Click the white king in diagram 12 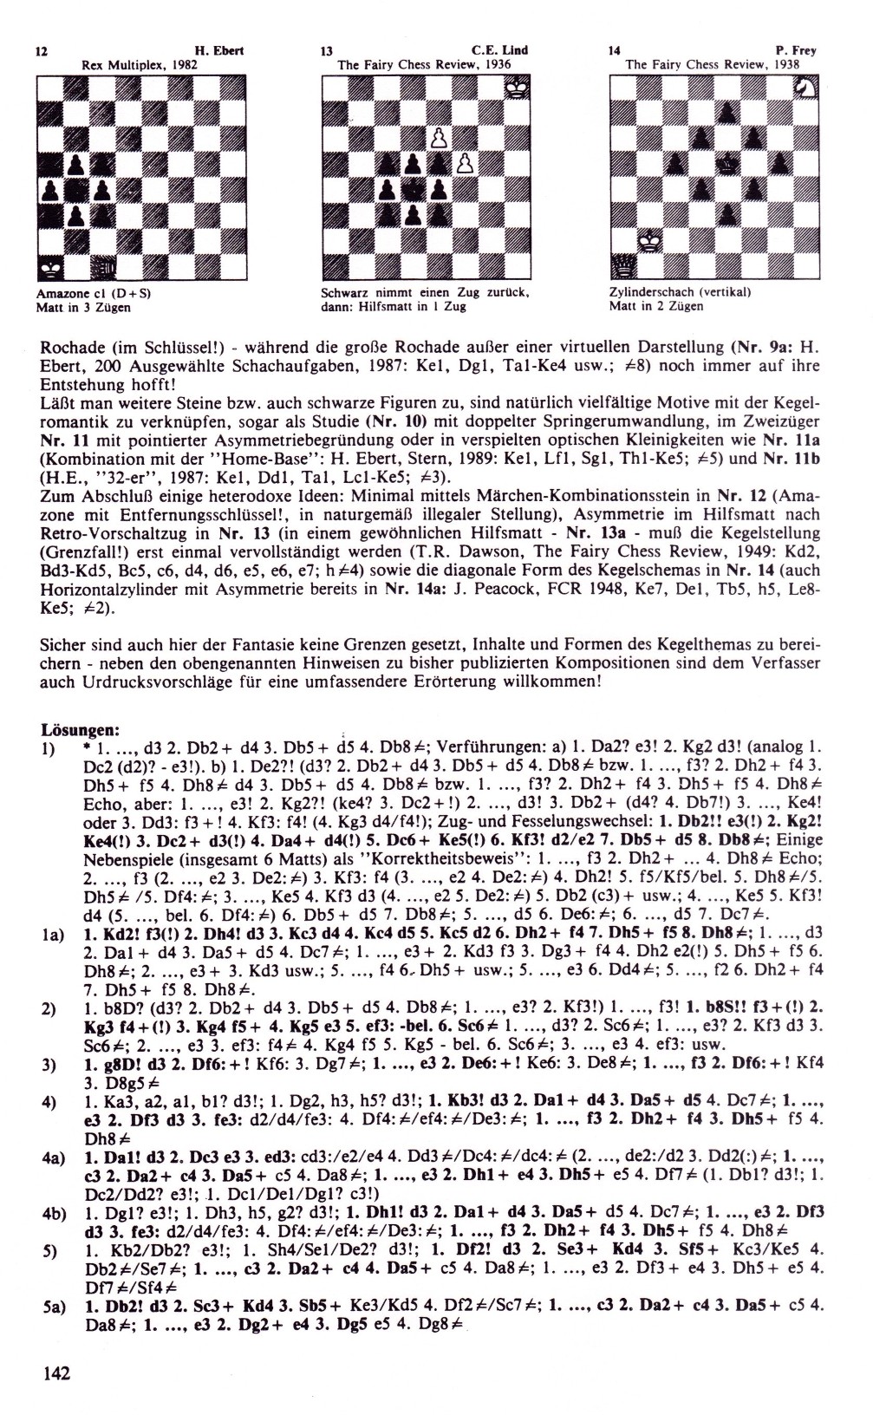[50, 267]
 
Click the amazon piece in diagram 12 [103, 267]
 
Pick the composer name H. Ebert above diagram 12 [219, 51]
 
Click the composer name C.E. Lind [499, 51]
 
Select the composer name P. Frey [798, 51]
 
